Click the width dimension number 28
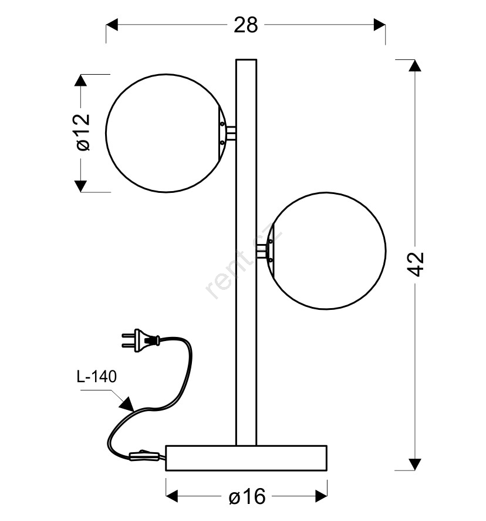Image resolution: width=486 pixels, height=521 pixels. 245,25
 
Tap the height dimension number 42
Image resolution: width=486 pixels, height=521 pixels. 416,264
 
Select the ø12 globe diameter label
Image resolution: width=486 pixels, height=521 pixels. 83,132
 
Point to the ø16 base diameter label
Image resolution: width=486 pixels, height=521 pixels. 247,496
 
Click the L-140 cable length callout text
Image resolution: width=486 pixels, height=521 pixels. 96,376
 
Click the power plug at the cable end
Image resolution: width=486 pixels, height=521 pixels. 141,340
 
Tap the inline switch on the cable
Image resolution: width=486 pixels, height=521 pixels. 143,455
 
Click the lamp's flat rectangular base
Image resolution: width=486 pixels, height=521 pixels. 246,458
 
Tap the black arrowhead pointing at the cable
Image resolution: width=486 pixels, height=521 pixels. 127,404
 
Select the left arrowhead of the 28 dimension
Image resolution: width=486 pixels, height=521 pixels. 112,25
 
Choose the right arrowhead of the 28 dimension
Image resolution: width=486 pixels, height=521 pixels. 380,25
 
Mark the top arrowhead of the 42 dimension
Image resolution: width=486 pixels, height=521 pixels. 414,65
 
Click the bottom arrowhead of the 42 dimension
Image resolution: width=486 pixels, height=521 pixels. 414,465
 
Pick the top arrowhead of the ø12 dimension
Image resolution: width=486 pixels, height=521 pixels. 80,80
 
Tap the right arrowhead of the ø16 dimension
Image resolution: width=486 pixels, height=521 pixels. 321,496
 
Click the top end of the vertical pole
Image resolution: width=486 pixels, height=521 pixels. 246,60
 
